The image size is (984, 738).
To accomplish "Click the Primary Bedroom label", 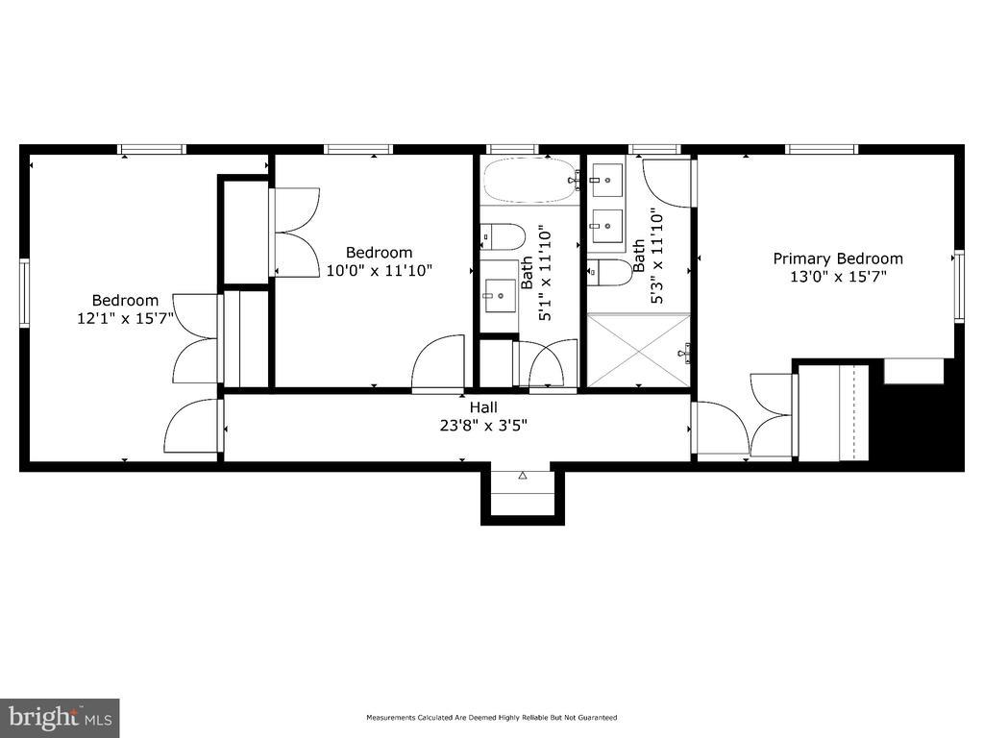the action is [x=838, y=258].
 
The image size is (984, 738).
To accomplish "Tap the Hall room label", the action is [x=483, y=407].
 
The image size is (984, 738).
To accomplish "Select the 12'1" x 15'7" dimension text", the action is [x=125, y=318].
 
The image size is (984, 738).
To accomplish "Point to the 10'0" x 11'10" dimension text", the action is [x=379, y=270].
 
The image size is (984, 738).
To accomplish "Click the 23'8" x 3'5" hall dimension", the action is [x=483, y=426].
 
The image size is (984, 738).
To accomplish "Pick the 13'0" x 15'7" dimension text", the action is [x=838, y=276].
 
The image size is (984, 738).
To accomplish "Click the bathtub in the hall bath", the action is [x=529, y=180].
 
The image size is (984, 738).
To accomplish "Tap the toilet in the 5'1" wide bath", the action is [x=503, y=236].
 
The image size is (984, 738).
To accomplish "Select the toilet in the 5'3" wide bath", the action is [x=609, y=272].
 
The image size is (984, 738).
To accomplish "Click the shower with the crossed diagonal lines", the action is [x=639, y=350].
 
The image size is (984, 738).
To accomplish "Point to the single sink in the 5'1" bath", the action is [x=500, y=296].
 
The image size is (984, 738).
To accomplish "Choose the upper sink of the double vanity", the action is [x=606, y=180].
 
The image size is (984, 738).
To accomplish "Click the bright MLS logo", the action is [x=60, y=717].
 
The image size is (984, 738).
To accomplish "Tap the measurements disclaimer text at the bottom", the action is [x=491, y=717].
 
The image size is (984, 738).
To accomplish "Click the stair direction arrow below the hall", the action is [x=523, y=476].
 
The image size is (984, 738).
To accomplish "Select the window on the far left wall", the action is [x=24, y=293].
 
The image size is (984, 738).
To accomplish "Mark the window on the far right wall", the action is [x=959, y=286].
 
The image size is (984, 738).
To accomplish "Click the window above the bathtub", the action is [x=512, y=149].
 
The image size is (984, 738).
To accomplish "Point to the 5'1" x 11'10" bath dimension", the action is [x=536, y=274].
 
